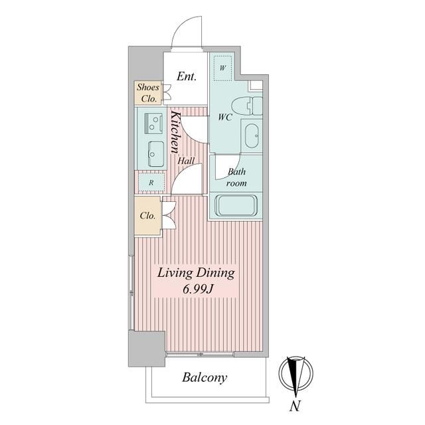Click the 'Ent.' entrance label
coord(187,76)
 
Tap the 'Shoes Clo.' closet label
coord(148,93)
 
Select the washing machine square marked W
coord(223,68)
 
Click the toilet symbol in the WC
coord(247,106)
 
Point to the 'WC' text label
coord(226,118)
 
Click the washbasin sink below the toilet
coord(252,135)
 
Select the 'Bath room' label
coord(236,177)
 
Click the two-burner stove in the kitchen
coord(153,124)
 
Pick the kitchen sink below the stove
coord(156,153)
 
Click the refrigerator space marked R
coord(151,182)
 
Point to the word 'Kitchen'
coord(175,131)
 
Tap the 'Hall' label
coord(186,161)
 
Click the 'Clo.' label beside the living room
coord(147,216)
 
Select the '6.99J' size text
coord(197,290)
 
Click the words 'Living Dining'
coord(196,273)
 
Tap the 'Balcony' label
coord(205,378)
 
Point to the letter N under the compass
coord(295,406)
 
